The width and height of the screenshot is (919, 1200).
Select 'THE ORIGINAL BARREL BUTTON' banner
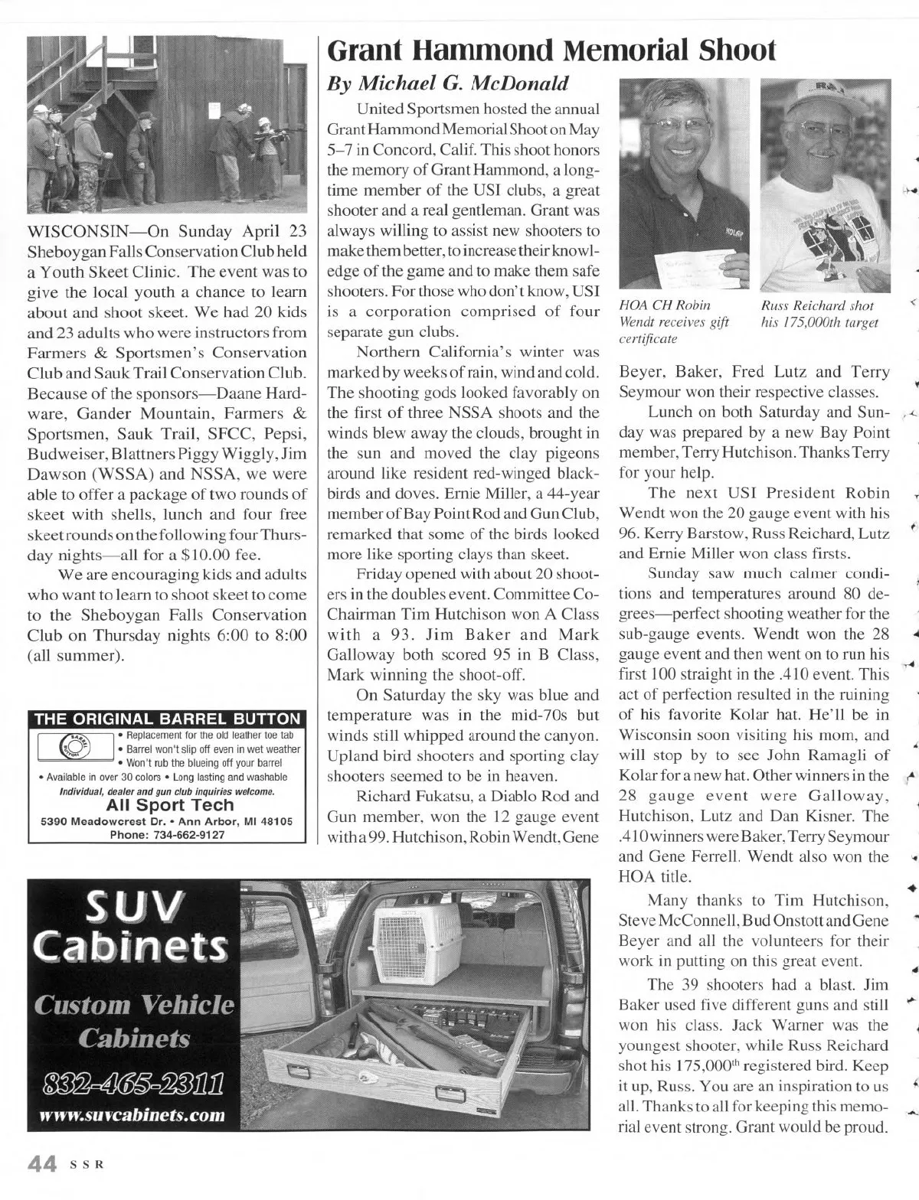click(168, 719)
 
